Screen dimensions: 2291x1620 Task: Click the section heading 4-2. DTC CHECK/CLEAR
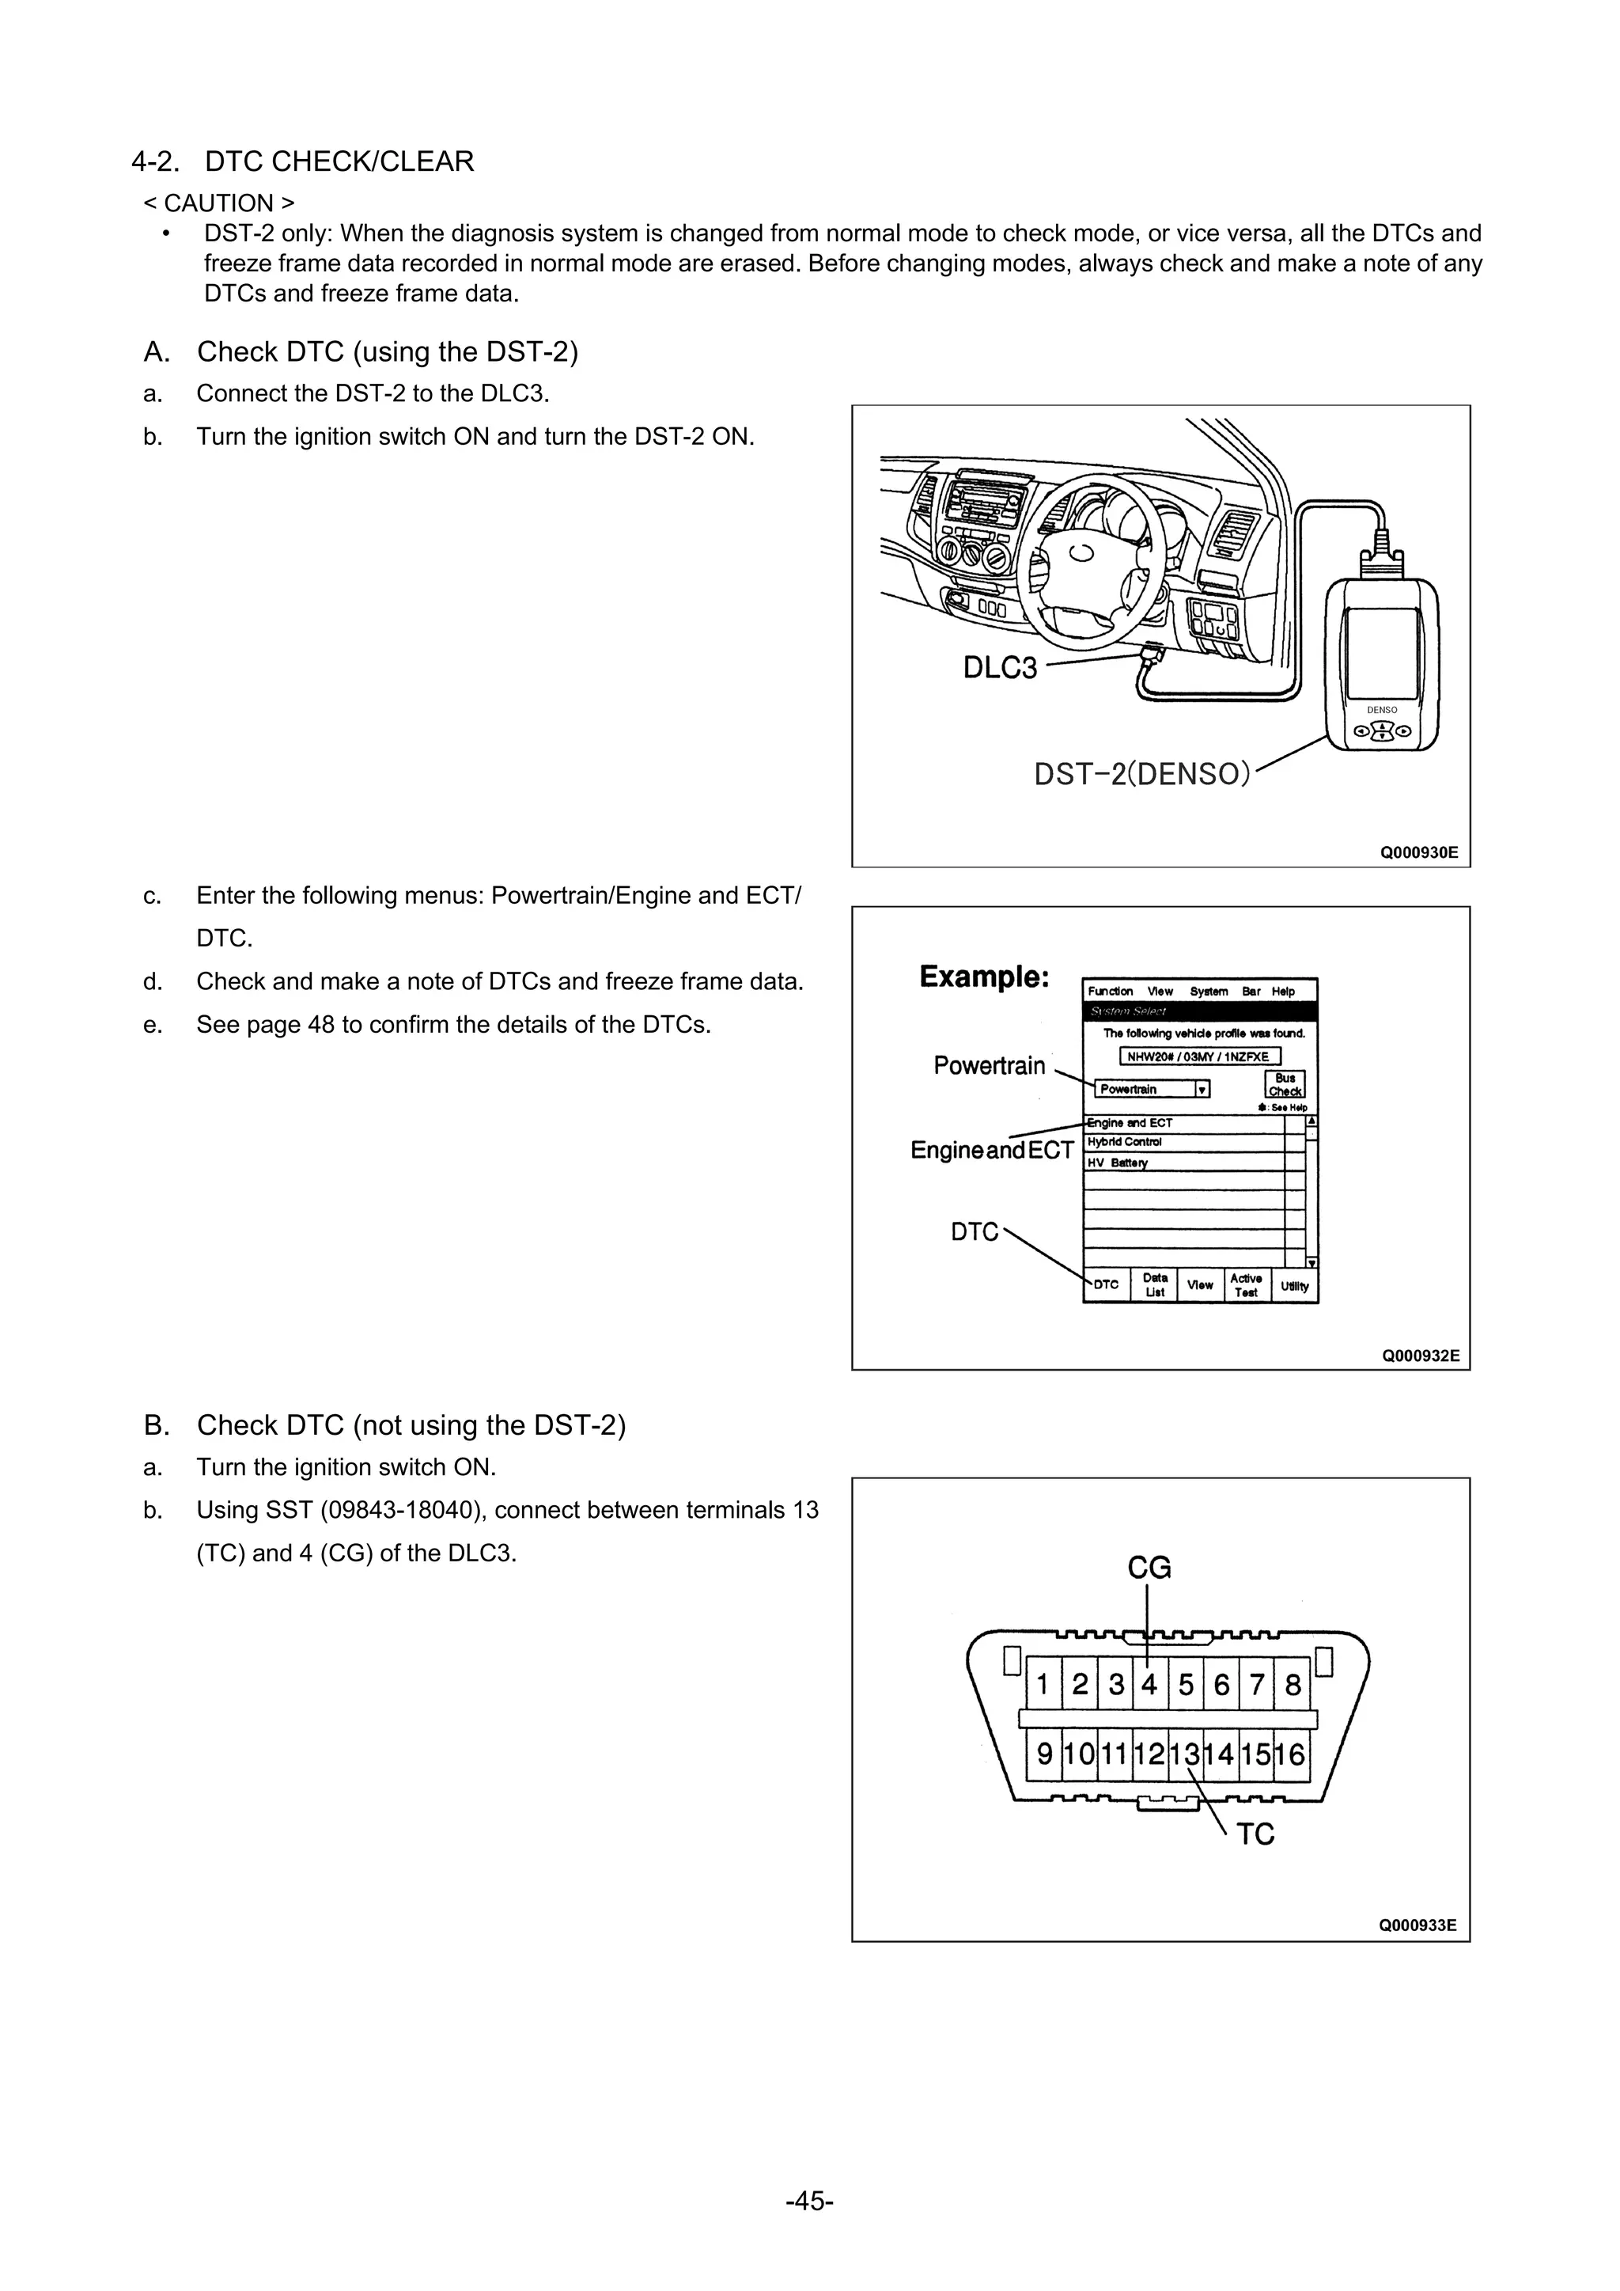tap(302, 161)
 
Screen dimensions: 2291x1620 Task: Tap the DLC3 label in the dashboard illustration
tap(1000, 668)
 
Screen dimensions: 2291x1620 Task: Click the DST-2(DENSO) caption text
tap(1141, 773)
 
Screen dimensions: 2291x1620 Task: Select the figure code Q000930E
tap(1418, 852)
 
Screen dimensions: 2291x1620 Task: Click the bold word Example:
tap(983, 976)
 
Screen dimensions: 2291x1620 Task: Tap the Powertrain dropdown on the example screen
tap(1153, 1089)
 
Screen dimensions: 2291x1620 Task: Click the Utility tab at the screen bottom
tap(1295, 1285)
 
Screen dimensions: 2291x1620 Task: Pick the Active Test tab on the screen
tap(1246, 1285)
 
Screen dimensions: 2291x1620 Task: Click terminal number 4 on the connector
tap(1149, 1684)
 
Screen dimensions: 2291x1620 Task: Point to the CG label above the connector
tap(1149, 1568)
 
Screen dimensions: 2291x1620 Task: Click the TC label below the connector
tap(1256, 1834)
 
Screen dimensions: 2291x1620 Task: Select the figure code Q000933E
tap(1417, 1925)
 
